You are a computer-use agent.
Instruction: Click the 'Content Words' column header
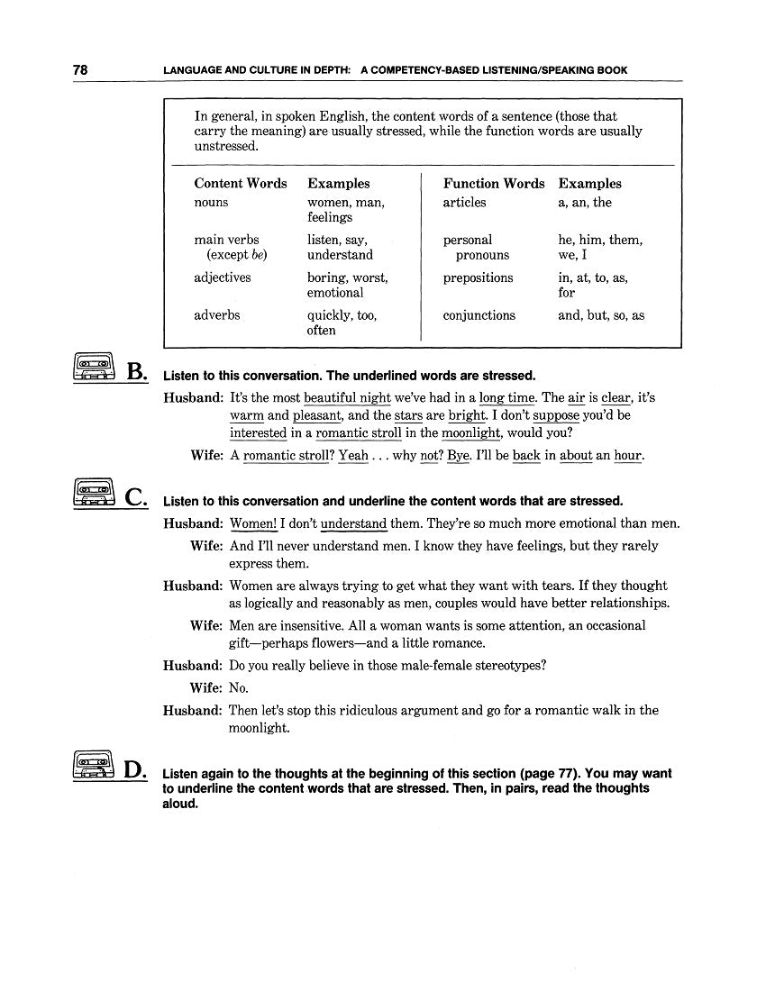[241, 183]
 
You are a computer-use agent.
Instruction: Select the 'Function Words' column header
[494, 183]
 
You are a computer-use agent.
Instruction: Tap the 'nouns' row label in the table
[211, 203]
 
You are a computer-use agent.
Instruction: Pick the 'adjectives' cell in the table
[223, 277]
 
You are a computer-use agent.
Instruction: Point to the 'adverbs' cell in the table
[217, 315]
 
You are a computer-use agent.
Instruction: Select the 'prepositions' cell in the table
[478, 277]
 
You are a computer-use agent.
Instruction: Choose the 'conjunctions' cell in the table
[479, 315]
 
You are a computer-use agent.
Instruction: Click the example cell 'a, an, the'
[585, 203]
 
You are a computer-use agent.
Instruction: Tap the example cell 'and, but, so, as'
[601, 315]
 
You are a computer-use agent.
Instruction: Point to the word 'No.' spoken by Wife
[239, 687]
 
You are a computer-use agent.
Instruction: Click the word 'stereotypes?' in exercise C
[507, 666]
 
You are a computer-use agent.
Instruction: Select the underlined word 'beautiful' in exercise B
[331, 397]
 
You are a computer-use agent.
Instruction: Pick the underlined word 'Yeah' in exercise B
[353, 456]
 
